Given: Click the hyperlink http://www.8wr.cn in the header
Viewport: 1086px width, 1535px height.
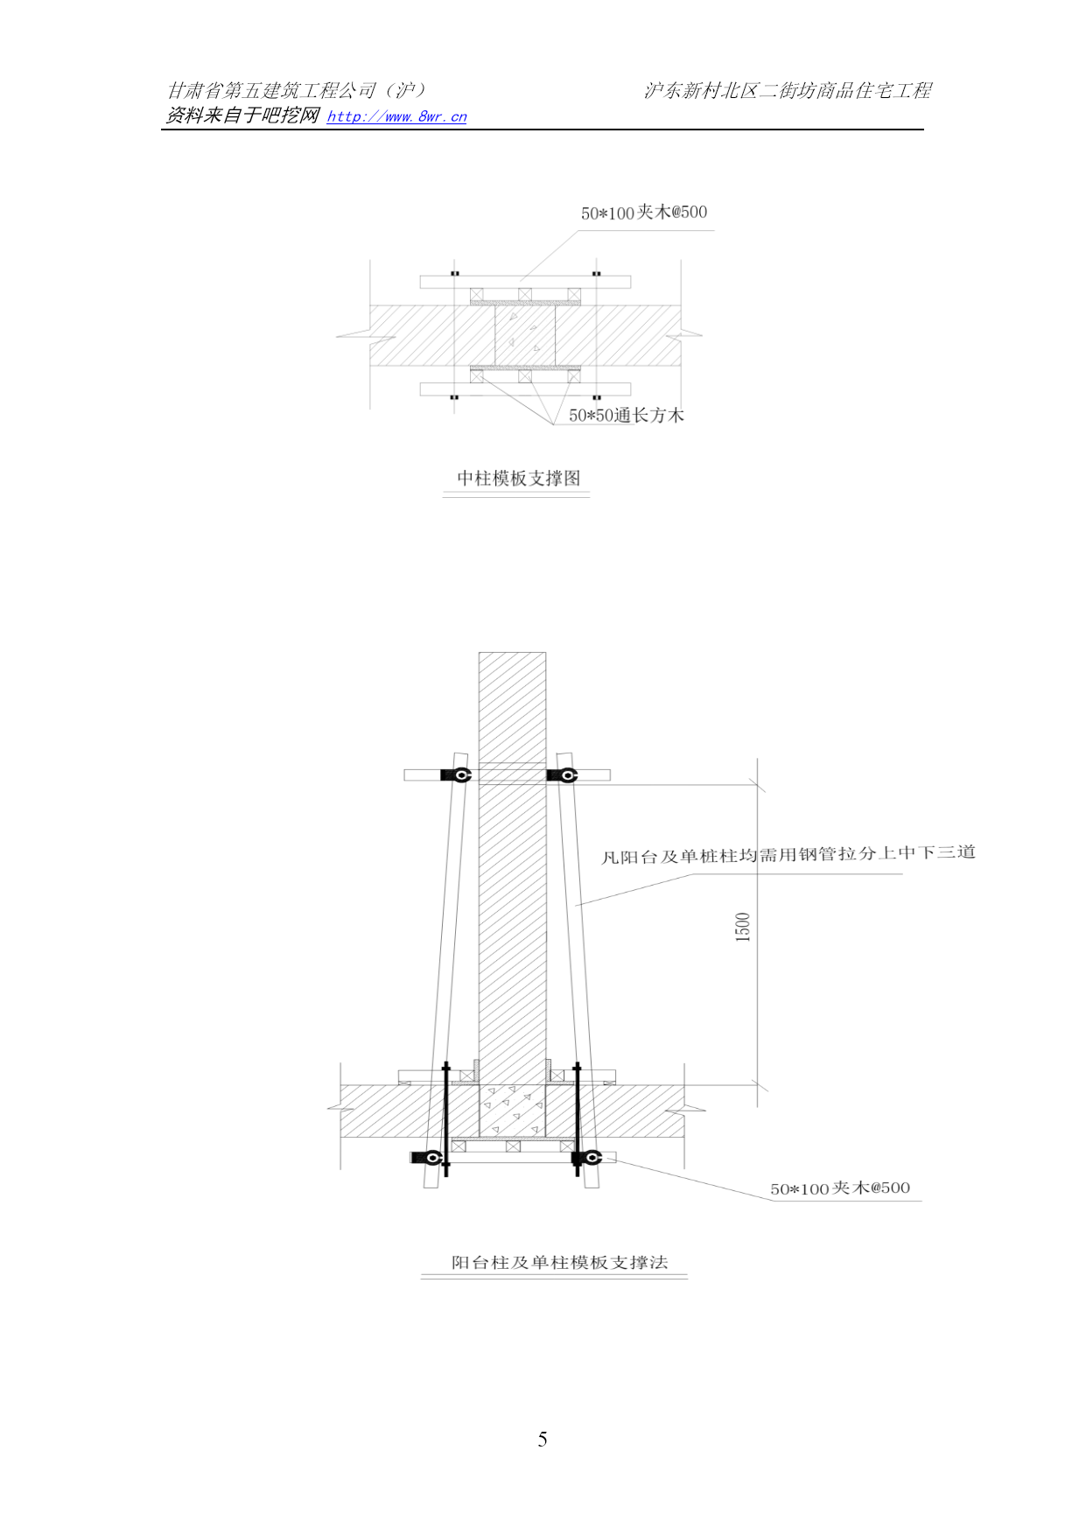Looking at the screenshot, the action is pyautogui.click(x=396, y=116).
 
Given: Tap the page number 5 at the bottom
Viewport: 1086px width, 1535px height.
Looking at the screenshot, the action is pyautogui.click(x=543, y=1439).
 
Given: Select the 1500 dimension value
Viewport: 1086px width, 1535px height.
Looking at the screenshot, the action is pyautogui.click(x=743, y=927).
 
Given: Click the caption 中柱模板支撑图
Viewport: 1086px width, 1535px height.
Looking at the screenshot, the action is pyautogui.click(x=518, y=478).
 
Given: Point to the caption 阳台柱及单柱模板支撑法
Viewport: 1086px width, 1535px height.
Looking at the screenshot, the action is pyautogui.click(x=559, y=1262).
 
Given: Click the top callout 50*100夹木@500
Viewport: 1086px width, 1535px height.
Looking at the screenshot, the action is pyautogui.click(x=644, y=212).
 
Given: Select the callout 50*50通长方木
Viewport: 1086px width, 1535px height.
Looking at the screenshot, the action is pyautogui.click(x=627, y=415).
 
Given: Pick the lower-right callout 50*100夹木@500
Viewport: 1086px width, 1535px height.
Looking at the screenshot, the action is pyautogui.click(x=840, y=1188).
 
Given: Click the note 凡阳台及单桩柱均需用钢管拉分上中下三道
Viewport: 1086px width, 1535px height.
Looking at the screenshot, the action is pyautogui.click(x=788, y=854).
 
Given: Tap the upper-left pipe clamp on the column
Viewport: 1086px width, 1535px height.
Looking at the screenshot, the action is pyautogui.click(x=457, y=775).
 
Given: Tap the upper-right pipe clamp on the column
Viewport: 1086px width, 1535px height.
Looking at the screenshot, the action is pyautogui.click(x=563, y=775).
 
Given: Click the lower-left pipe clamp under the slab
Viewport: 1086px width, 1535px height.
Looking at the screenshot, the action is pyautogui.click(x=430, y=1158).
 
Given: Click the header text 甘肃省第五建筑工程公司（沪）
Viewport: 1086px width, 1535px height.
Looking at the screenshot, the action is pyautogui.click(x=297, y=90).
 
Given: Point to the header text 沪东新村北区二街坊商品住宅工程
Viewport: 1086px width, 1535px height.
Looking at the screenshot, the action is pyautogui.click(x=788, y=90).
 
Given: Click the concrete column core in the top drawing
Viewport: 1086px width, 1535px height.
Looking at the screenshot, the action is pyautogui.click(x=524, y=335).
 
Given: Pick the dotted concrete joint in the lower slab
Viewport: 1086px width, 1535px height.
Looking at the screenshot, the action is pyautogui.click(x=513, y=1111).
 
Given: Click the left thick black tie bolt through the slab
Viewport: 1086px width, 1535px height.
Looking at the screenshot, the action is pyautogui.click(x=446, y=1119).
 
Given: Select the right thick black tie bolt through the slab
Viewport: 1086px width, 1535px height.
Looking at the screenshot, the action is pyautogui.click(x=578, y=1119).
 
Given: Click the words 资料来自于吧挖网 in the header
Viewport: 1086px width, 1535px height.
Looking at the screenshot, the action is pyautogui.click(x=242, y=116).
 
